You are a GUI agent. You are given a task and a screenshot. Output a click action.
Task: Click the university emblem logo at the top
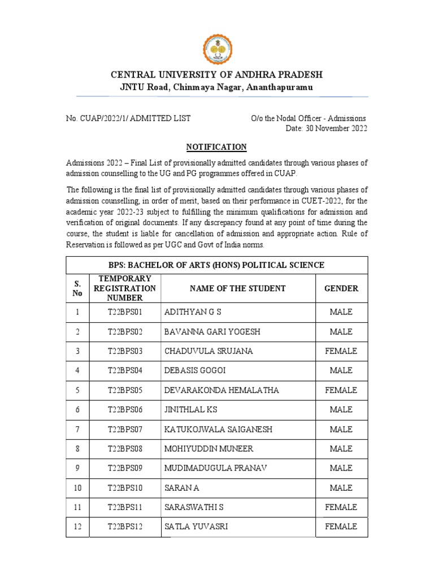pos(216,46)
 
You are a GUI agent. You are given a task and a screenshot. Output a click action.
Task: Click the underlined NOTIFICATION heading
pos(216,147)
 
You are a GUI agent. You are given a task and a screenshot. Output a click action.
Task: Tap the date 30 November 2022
pos(327,129)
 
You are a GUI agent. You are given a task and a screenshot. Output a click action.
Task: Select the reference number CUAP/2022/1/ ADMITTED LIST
pos(128,118)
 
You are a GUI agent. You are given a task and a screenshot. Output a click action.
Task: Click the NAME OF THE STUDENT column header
pos(237,288)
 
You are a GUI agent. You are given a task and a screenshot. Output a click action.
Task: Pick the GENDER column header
pos(341,288)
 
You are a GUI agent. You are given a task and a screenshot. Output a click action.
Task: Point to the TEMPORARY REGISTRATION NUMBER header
pos(125,288)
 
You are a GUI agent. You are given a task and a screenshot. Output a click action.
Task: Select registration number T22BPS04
pos(125,370)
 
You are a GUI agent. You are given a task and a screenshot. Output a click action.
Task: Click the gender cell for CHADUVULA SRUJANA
pos(341,351)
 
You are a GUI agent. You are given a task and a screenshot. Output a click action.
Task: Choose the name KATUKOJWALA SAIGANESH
pos(218,429)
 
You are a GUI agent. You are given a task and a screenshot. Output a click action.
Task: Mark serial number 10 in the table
pos(77,487)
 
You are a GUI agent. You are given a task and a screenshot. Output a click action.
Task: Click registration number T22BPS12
pos(125,526)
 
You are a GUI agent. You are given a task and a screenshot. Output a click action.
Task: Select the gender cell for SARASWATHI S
pos(341,507)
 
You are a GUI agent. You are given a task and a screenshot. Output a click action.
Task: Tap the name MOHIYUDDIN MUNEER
pos(209,448)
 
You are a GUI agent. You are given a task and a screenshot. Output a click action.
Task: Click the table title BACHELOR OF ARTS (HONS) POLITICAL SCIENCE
pos(216,265)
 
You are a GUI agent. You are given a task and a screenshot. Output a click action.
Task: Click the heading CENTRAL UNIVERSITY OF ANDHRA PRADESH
pos(216,75)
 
